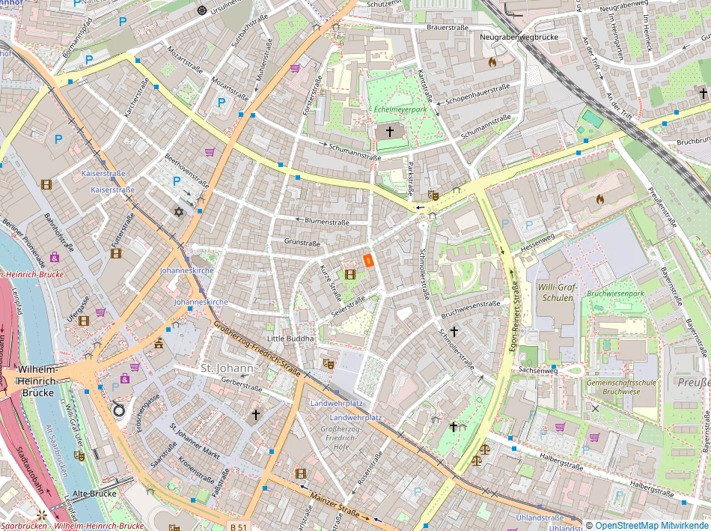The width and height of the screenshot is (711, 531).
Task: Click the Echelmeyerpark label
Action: pyautogui.click(x=400, y=110)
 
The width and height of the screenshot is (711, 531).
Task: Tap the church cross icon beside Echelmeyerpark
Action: pyautogui.click(x=388, y=132)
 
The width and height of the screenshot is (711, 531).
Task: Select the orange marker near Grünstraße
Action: pyautogui.click(x=368, y=260)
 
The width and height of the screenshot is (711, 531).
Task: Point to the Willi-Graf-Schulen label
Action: pyautogui.click(x=555, y=292)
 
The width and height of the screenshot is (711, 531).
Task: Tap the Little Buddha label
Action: pyautogui.click(x=290, y=339)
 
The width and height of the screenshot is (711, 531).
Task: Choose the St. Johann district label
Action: pyautogui.click(x=228, y=368)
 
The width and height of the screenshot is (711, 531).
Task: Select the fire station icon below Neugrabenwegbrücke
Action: pyautogui.click(x=492, y=63)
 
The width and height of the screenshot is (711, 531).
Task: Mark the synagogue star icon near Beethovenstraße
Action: pyautogui.click(x=178, y=212)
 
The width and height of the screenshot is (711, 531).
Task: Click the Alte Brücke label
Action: pyautogui.click(x=91, y=494)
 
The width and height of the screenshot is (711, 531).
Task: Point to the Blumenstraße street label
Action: pyautogui.click(x=328, y=221)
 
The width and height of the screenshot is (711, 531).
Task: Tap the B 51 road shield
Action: pyautogui.click(x=239, y=527)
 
